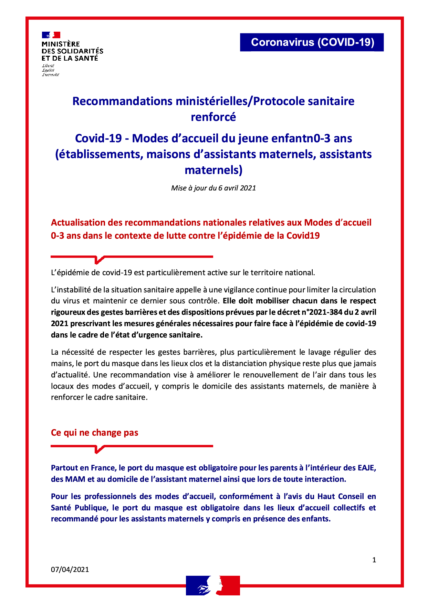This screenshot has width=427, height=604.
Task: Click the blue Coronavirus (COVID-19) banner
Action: [x=312, y=42]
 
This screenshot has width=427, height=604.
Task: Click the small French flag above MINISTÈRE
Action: [x=51, y=35]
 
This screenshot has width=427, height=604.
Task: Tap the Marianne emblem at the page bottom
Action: [x=213, y=585]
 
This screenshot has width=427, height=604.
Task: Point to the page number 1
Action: [x=374, y=560]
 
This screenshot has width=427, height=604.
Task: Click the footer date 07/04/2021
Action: [x=70, y=570]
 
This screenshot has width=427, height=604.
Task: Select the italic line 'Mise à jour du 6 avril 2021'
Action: [x=213, y=188]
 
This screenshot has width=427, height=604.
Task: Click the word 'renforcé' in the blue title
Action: [x=213, y=117]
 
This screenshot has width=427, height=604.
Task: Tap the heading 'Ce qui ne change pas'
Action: [x=95, y=433]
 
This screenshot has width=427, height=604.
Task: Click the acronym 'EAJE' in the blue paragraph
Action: [x=367, y=468]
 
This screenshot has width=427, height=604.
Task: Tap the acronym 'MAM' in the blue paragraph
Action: [x=75, y=479]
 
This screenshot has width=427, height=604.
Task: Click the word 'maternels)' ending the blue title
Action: [x=213, y=170]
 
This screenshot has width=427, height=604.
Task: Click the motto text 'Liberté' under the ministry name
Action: [x=48, y=65]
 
